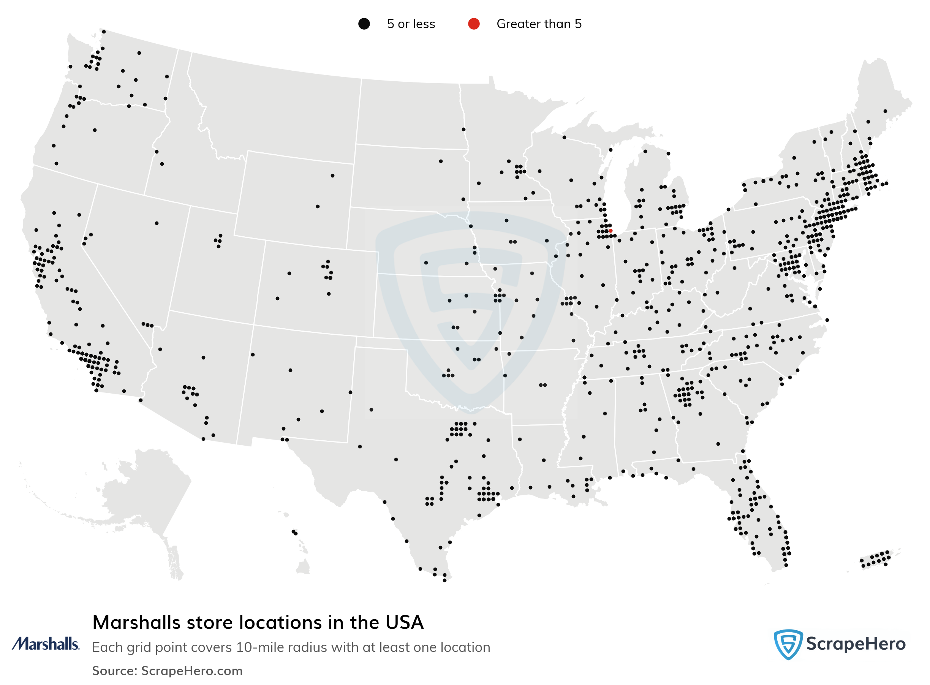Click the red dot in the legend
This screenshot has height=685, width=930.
473,24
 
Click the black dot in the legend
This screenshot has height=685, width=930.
364,24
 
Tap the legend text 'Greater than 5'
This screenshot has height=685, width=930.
539,24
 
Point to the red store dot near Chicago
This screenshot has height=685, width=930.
611,231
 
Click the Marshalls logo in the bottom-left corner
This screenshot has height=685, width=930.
45,644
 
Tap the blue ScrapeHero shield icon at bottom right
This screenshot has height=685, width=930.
788,644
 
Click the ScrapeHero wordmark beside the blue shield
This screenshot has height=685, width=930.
856,644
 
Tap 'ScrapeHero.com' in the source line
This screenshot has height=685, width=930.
191,671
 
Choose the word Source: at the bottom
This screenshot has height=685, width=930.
114,671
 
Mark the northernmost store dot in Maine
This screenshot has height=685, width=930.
885,111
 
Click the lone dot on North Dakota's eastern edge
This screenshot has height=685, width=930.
463,130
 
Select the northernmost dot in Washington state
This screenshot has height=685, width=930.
104,32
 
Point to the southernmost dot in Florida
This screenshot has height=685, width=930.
786,565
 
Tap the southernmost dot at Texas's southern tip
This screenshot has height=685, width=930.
444,580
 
